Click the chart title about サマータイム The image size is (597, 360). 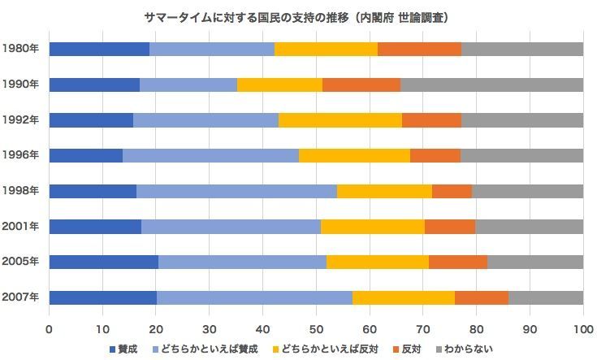[298, 17]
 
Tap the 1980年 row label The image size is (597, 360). [20, 49]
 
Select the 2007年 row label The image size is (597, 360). [20, 297]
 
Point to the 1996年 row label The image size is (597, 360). [20, 155]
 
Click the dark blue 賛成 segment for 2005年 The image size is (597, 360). [104, 262]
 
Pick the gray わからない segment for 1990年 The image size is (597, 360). [491, 85]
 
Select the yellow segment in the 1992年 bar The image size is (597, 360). [340, 120]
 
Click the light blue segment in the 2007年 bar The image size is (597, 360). [254, 297]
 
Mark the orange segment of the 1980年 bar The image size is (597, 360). [419, 49]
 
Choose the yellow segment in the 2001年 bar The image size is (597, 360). [373, 227]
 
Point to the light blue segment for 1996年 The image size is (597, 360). [210, 155]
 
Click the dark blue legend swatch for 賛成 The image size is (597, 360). [113, 349]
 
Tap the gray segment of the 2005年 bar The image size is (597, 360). [535, 262]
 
